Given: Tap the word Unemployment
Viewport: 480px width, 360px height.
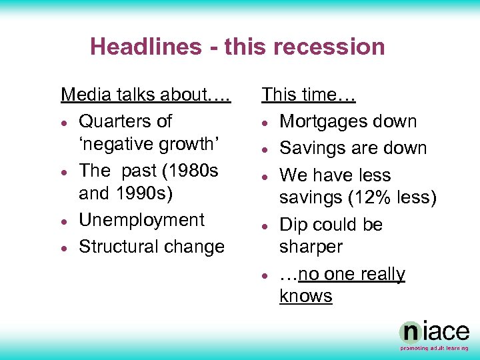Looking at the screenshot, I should (141, 220).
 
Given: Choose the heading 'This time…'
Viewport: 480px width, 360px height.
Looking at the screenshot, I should (309, 95).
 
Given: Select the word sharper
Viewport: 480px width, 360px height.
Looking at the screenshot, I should (311, 247).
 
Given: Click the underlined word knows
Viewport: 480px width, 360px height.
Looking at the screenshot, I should (305, 296).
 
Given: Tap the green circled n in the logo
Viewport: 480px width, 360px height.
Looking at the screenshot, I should (410, 333).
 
